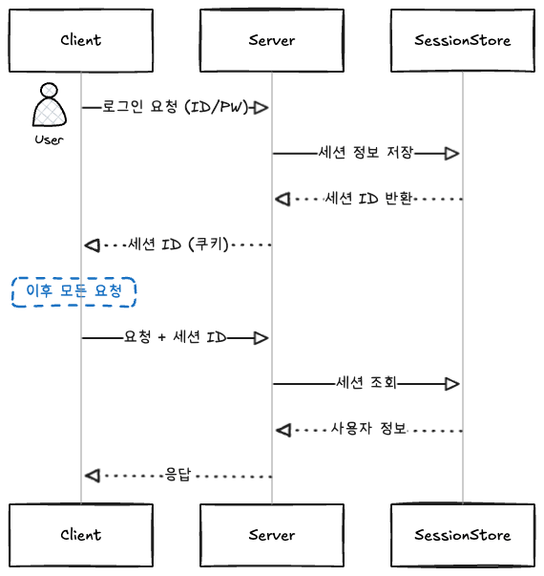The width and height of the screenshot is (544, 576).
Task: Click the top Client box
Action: pyautogui.click(x=80, y=40)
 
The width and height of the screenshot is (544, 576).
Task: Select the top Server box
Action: pyautogui.click(x=272, y=40)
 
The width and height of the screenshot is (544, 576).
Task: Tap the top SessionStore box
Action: pyautogui.click(x=463, y=40)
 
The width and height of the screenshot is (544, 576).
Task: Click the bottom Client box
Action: pyautogui.click(x=80, y=534)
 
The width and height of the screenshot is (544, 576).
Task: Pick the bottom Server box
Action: pyautogui.click(x=272, y=534)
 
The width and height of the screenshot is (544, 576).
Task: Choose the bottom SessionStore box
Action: pyautogui.click(x=463, y=534)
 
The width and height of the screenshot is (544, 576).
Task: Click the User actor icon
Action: pyautogui.click(x=49, y=107)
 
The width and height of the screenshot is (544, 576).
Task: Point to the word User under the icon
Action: pyautogui.click(x=49, y=139)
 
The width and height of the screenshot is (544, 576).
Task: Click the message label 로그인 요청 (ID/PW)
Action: pyautogui.click(x=176, y=107)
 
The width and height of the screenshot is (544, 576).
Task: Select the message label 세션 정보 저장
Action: pyautogui.click(x=366, y=153)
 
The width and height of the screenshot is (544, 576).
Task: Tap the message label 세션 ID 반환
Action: pyautogui.click(x=368, y=199)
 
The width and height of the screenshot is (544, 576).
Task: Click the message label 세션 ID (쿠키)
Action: pyautogui.click(x=178, y=245)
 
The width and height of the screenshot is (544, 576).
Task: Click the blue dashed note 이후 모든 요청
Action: pyautogui.click(x=73, y=291)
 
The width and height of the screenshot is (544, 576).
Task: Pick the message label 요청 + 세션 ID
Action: pyautogui.click(x=175, y=337)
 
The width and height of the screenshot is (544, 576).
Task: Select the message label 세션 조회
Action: pyautogui.click(x=366, y=383)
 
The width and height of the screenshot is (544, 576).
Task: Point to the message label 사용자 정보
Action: pyautogui.click(x=368, y=429)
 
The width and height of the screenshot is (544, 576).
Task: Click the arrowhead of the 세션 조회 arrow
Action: pyautogui.click(x=452, y=383)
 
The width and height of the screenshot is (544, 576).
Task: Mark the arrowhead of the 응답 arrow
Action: pyautogui.click(x=92, y=475)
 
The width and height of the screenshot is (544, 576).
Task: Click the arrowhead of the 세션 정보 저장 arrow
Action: pyautogui.click(x=452, y=153)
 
